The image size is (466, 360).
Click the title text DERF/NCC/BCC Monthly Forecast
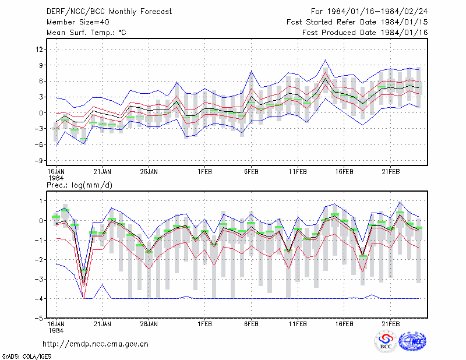click(x=109, y=12)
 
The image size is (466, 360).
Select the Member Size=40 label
click(x=78, y=22)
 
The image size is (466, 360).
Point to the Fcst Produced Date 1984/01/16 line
click(x=365, y=33)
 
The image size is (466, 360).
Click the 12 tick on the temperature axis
click(x=40, y=49)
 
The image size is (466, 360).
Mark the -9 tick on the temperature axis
click(x=40, y=161)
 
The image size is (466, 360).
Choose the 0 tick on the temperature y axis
click(x=41, y=113)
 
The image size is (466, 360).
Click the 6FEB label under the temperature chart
click(x=251, y=172)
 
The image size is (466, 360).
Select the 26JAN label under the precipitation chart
click(x=149, y=324)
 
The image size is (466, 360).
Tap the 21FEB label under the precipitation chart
click(x=390, y=324)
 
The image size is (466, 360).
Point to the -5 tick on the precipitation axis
click(x=40, y=318)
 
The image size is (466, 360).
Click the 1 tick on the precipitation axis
click(x=41, y=201)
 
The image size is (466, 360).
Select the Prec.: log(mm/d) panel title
click(x=79, y=185)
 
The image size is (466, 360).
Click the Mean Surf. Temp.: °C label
click(x=86, y=33)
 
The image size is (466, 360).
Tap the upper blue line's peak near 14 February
click(x=326, y=60)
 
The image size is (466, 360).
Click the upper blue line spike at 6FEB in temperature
click(x=252, y=70)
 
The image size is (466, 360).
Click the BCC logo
click(x=386, y=342)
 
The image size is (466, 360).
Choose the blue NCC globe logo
click(x=412, y=342)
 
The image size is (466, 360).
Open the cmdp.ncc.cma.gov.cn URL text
click(x=96, y=344)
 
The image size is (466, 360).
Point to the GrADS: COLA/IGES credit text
click(x=26, y=357)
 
